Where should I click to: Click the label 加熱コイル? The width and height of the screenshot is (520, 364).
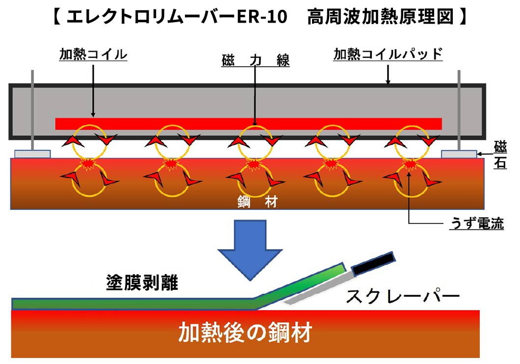tap(93, 55)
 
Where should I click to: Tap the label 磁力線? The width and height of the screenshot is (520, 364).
tap(256, 60)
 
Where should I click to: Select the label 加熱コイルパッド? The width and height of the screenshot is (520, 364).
tap(388, 54)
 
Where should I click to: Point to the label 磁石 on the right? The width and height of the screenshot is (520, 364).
tap(500, 154)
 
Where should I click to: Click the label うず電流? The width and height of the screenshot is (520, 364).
tap(477, 224)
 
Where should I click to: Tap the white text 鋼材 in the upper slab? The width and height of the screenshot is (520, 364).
tap(258, 201)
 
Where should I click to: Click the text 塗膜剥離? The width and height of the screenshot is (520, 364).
tap(142, 282)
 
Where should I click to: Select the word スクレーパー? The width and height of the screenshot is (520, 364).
tap(402, 296)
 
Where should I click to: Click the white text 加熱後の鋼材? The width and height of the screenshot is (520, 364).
tap(245, 333)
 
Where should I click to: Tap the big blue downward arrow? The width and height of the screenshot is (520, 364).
tap(250, 249)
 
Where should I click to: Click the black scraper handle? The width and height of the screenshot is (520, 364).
tap(373, 264)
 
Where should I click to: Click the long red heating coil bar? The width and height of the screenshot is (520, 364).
tap(248, 124)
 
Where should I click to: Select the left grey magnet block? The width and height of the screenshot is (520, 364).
tap(32, 154)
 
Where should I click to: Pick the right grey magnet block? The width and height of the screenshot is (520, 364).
tap(459, 154)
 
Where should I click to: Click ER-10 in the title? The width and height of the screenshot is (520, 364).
tap(262, 17)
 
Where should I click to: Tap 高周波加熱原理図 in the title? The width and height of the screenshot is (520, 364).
tap(380, 17)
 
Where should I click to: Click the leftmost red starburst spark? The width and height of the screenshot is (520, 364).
tap(88, 164)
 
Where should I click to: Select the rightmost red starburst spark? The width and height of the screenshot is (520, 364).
tap(411, 164)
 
